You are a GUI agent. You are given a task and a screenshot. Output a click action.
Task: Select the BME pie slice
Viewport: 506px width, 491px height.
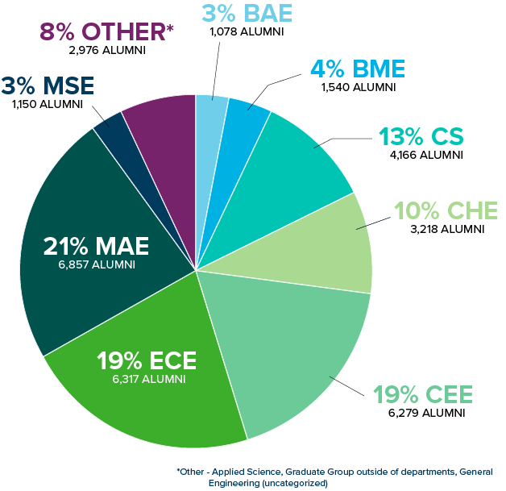242,129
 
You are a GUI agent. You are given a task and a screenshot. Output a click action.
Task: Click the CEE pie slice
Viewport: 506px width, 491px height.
298,347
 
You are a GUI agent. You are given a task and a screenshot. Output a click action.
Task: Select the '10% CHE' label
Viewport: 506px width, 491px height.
439,211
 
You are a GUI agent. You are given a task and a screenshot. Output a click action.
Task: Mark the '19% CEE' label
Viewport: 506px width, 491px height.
423,395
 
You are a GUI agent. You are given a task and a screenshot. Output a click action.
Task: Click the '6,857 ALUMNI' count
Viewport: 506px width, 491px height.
95,264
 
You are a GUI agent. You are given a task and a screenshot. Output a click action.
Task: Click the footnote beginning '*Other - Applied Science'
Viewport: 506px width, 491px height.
335,476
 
